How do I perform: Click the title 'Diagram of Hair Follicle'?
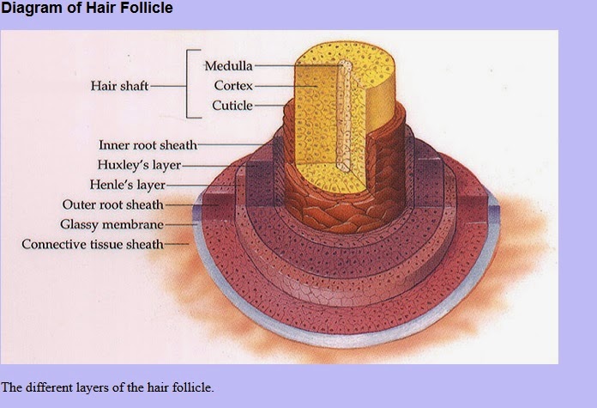[87, 9]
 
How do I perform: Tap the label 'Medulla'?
[228, 66]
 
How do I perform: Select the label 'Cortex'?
[232, 86]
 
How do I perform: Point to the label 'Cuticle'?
[232, 106]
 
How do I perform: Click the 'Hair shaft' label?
[119, 86]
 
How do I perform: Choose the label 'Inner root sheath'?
[148, 145]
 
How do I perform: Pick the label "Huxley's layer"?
[139, 165]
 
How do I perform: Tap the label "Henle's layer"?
[127, 185]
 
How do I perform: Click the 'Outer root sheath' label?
[112, 204]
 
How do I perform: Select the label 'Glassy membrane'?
[112, 224]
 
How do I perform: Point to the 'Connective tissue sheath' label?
[92, 244]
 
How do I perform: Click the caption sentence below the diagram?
[107, 387]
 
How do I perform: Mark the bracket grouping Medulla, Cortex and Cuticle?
[189, 83]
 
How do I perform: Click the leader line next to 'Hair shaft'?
[168, 86]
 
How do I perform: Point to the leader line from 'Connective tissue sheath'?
[176, 244]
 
